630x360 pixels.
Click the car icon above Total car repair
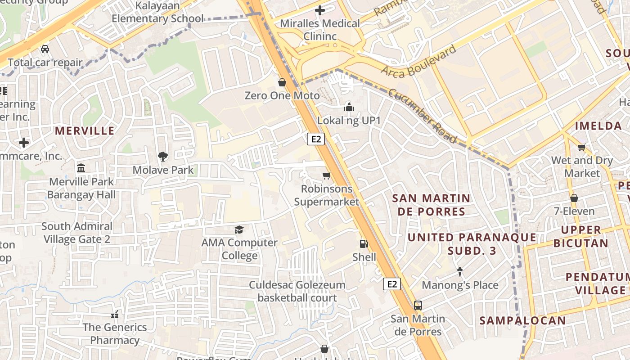[x=45, y=49]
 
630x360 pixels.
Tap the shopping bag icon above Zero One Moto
[x=282, y=82]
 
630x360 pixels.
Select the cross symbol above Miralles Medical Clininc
[x=320, y=10]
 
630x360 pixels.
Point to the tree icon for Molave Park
[x=163, y=157]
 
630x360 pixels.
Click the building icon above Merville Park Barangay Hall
[x=81, y=168]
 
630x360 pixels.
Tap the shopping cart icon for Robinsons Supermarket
[x=327, y=175]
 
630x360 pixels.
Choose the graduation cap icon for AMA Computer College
[x=239, y=229]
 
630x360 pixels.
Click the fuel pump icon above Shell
[x=364, y=244]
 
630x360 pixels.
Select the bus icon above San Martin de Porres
[x=418, y=306]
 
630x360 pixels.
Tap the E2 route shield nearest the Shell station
[x=392, y=284]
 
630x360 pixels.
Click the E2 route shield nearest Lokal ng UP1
[x=316, y=139]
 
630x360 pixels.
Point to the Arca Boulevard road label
[x=419, y=60]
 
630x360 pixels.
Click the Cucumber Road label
[x=422, y=116]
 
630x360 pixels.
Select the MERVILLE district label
[x=85, y=131]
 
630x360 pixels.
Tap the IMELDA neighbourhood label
[x=598, y=126]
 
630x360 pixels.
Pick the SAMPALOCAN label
[x=522, y=320]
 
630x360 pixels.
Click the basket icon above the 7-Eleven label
[x=574, y=198]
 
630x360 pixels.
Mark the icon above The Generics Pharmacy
[x=114, y=314]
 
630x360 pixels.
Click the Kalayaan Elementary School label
[x=157, y=13]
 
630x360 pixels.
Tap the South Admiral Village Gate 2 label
[x=77, y=233]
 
